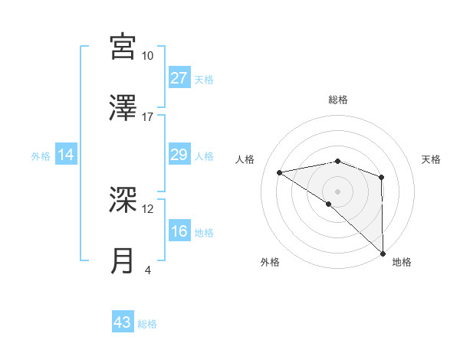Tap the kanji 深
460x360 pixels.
tap(123, 199)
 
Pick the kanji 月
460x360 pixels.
tap(123, 260)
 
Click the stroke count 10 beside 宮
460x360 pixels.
tap(147, 56)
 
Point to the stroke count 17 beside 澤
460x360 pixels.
tap(147, 117)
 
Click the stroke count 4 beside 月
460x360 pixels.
tap(147, 270)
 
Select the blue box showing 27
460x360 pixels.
tap(179, 77)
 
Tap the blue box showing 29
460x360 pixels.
tap(179, 155)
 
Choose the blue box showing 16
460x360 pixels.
tap(179, 231)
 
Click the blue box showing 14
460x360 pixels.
tap(66, 155)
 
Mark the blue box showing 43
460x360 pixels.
tap(123, 322)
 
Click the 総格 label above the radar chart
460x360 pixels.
tap(338, 100)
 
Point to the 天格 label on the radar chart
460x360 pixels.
tap(432, 159)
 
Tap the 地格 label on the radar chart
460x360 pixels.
tap(402, 262)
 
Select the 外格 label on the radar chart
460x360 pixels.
tap(270, 262)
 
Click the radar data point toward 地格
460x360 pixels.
tap(383, 253)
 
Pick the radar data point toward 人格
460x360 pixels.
tap(280, 172)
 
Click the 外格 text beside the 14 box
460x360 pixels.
tap(41, 155)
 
